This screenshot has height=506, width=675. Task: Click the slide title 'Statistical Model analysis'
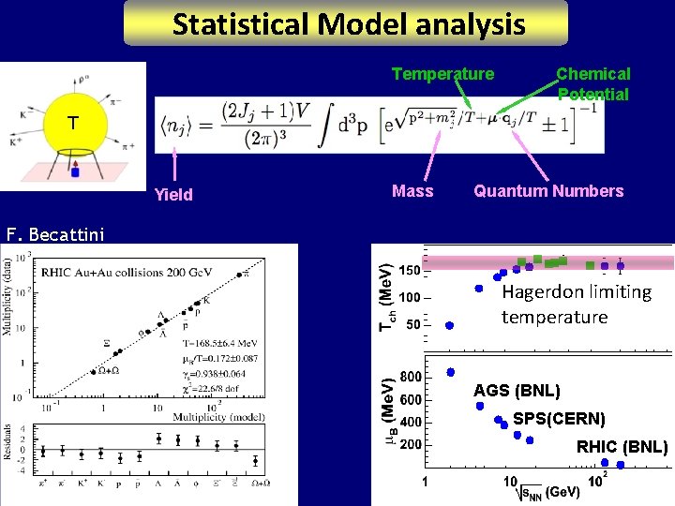(348, 23)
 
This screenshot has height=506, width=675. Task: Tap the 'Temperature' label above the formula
(442, 74)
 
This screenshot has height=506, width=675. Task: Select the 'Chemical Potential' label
(592, 83)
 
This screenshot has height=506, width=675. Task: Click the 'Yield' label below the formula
(173, 195)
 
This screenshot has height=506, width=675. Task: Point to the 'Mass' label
(412, 191)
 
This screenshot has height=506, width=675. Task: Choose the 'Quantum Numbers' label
(548, 191)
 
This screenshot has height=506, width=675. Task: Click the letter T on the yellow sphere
(71, 123)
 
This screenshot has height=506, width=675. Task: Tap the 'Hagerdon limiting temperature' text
(576, 304)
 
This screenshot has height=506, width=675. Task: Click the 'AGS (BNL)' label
(517, 391)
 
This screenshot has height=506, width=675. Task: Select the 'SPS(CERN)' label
(559, 418)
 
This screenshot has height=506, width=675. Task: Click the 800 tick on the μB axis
(411, 377)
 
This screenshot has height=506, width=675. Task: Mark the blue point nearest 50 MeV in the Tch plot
(449, 325)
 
